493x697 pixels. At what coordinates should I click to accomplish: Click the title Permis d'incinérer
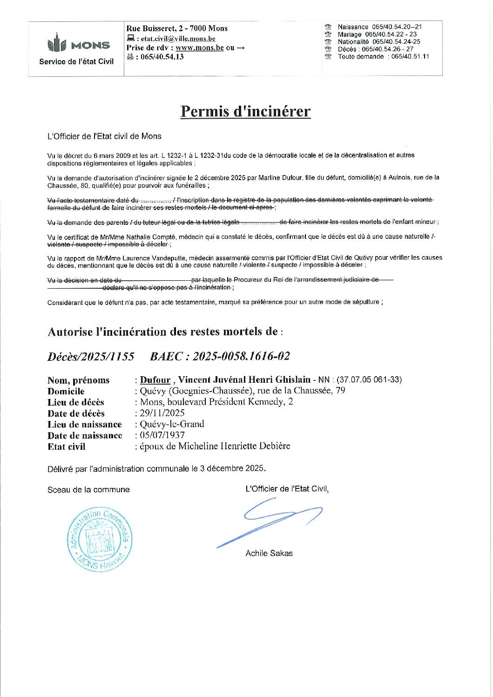[245, 111]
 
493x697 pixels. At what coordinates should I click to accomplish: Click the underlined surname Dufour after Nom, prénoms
[155, 380]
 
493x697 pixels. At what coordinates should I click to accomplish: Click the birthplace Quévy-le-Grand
[172, 424]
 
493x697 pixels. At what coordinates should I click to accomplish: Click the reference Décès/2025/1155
[91, 357]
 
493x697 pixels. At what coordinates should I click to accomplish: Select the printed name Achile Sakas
[269, 553]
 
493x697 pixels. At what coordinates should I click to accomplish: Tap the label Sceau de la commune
[88, 490]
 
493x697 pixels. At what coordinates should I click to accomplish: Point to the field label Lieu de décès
[76, 402]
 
